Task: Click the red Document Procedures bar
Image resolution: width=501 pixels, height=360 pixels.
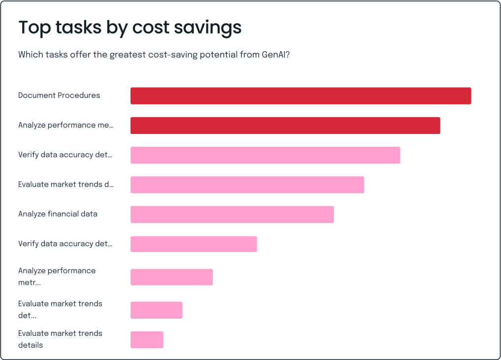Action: coord(301,96)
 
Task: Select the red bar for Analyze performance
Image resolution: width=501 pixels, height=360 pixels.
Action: coord(285,125)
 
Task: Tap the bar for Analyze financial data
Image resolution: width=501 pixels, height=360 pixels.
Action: coord(232,214)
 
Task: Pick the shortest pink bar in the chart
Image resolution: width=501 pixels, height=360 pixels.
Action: coord(147,340)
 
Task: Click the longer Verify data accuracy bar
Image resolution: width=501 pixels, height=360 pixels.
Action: coord(265,155)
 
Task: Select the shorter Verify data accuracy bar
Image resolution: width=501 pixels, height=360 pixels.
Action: coord(194,244)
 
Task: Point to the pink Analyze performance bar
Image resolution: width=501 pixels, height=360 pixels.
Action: coord(171,277)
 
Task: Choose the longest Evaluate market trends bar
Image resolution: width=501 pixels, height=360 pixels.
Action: coord(247,185)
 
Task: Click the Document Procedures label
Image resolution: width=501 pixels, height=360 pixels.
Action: coord(59,96)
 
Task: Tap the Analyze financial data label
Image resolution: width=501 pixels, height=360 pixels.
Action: coord(58,214)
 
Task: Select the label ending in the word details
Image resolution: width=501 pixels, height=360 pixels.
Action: coord(60,339)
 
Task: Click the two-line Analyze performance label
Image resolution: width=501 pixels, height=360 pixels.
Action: coord(57,277)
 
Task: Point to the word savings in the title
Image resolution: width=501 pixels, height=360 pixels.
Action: coord(212,28)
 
